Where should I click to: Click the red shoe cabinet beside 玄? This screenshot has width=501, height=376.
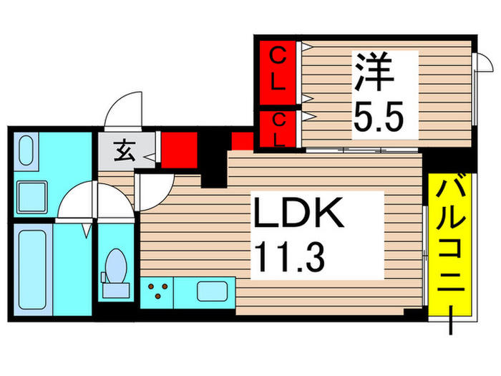pyautogui.click(x=174, y=149)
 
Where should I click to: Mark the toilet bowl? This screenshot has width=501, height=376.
pyautogui.click(x=115, y=270)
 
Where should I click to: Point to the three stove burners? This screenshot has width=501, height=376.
pyautogui.click(x=158, y=290)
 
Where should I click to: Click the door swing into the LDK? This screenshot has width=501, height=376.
pyautogui.click(x=152, y=191)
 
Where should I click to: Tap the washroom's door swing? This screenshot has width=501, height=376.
pyautogui.click(x=76, y=201)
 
